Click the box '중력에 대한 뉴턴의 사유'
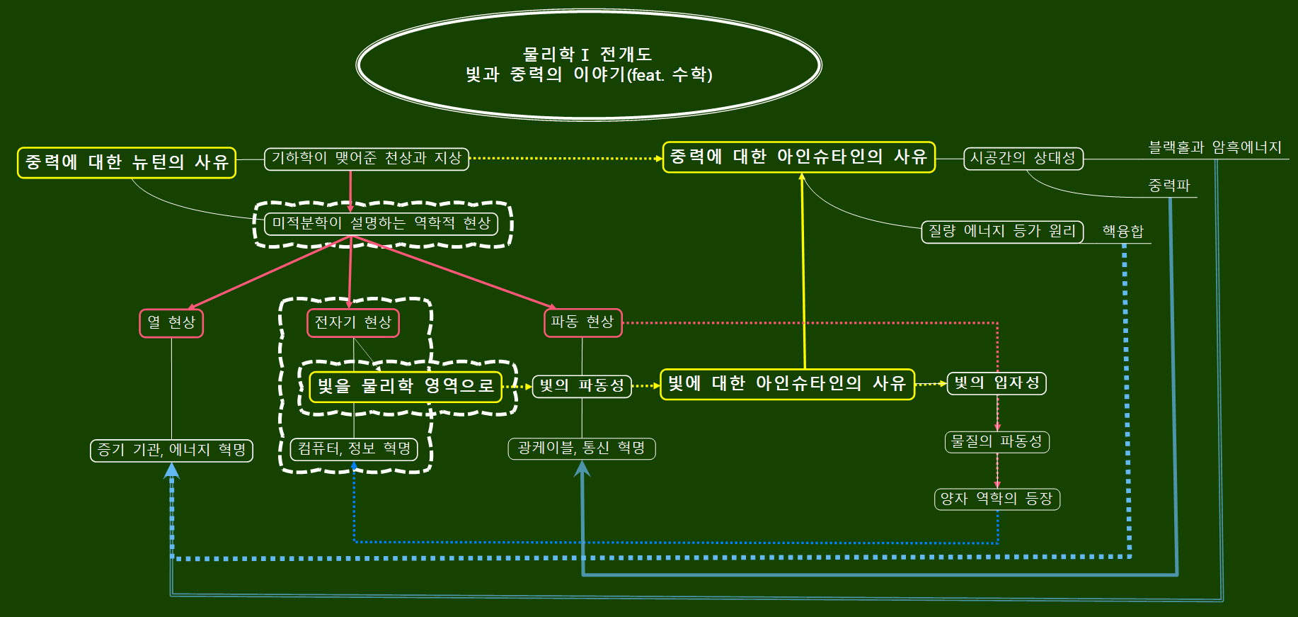[x=127, y=162]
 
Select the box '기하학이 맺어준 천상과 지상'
[x=367, y=159]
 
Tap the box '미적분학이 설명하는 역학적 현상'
[x=381, y=224]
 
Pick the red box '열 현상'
[x=171, y=323]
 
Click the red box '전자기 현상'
[x=353, y=323]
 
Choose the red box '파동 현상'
[x=582, y=322]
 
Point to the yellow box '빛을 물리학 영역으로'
[x=406, y=387]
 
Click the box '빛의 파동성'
[x=582, y=386]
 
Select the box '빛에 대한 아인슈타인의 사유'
[x=787, y=384]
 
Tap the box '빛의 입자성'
[x=997, y=383]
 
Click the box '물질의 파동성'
[x=997, y=442]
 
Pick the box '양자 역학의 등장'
[x=997, y=499]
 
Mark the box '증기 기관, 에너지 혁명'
[x=171, y=451]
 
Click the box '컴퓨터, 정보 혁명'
[x=354, y=449]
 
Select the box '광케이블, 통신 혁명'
[x=582, y=448]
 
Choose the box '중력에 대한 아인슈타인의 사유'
[x=798, y=157]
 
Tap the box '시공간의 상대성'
[x=1023, y=159]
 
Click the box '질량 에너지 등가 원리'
[x=1002, y=232]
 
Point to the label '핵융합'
[x=1123, y=232]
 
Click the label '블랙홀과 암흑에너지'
[x=1214, y=147]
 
